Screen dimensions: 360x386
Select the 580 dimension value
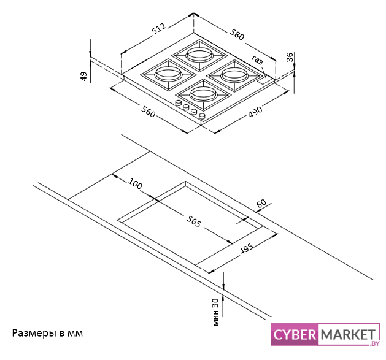click(237, 34)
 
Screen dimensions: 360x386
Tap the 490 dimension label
click(255, 111)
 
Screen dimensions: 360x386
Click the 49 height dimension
click(83, 75)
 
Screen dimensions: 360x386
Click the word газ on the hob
click(257, 60)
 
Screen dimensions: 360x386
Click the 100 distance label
click(134, 184)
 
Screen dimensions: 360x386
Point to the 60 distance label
click(261, 203)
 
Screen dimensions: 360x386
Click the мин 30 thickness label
click(215, 311)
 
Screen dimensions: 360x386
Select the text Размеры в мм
click(47, 333)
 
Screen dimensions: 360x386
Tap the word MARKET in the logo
click(346, 334)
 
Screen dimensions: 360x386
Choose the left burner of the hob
click(166, 74)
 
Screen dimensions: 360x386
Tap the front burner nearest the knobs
click(201, 94)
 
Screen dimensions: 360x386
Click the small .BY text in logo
click(372, 345)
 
